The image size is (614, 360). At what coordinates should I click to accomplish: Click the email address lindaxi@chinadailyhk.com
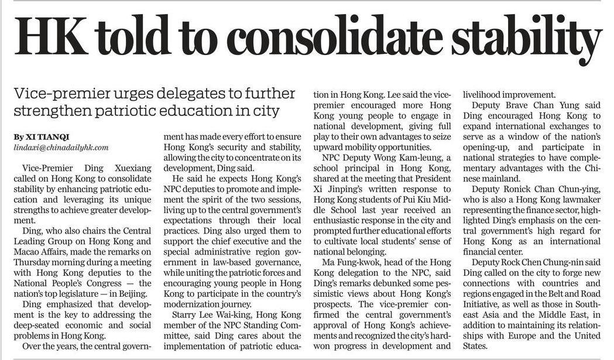[61, 148]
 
